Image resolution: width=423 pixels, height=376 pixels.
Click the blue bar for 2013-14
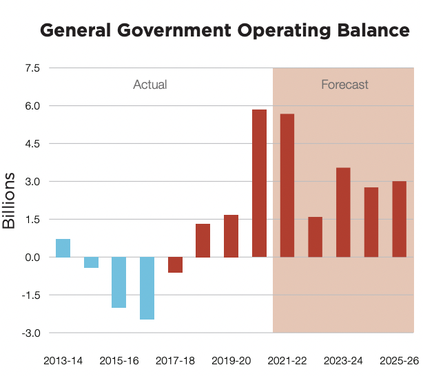(x=63, y=248)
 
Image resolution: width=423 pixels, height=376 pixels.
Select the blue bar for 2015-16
(x=119, y=282)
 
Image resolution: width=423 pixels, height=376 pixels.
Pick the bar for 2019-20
(x=231, y=236)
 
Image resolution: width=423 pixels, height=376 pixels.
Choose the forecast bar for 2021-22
(x=287, y=185)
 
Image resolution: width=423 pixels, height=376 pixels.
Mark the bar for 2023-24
(x=343, y=212)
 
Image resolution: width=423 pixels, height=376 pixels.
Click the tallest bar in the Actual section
(x=259, y=183)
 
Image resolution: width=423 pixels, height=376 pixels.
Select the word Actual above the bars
(x=150, y=85)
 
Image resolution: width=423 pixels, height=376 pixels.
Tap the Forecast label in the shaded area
(x=344, y=85)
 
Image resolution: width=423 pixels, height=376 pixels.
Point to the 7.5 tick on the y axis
(x=32, y=68)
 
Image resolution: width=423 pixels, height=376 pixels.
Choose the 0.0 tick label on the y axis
(x=32, y=257)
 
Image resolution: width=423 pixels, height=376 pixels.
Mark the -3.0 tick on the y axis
(x=30, y=333)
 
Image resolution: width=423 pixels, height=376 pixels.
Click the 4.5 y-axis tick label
(x=32, y=144)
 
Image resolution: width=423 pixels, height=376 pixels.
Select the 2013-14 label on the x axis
(x=63, y=361)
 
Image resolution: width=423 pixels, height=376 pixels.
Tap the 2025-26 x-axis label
(x=399, y=361)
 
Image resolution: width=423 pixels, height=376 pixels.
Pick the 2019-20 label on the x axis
(x=231, y=361)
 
